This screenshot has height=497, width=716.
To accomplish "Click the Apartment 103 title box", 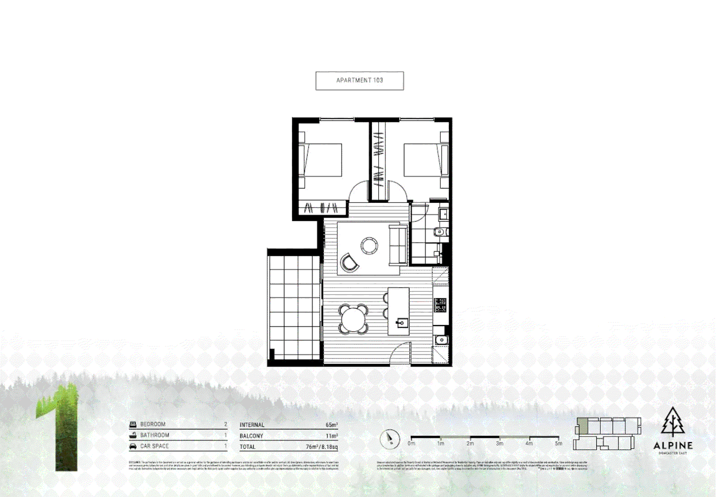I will [359, 81].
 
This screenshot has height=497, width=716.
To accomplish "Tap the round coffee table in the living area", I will [369, 245].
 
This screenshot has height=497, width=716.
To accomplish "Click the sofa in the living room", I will [398, 245].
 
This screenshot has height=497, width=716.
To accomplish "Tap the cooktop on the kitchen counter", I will [440, 305].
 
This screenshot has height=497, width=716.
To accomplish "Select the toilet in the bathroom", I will [440, 232].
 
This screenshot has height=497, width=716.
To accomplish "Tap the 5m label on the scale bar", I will [558, 444].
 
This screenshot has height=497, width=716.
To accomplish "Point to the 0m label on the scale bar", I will [411, 444].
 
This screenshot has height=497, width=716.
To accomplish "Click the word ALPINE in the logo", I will [673, 445].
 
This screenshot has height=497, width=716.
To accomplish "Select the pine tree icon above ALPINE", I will [673, 422].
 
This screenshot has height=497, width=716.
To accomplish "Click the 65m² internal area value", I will [331, 425].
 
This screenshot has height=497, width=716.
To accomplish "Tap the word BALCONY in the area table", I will [251, 436].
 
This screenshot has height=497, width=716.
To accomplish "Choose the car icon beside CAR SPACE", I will [133, 446].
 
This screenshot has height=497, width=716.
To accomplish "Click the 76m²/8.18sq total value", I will [322, 447].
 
